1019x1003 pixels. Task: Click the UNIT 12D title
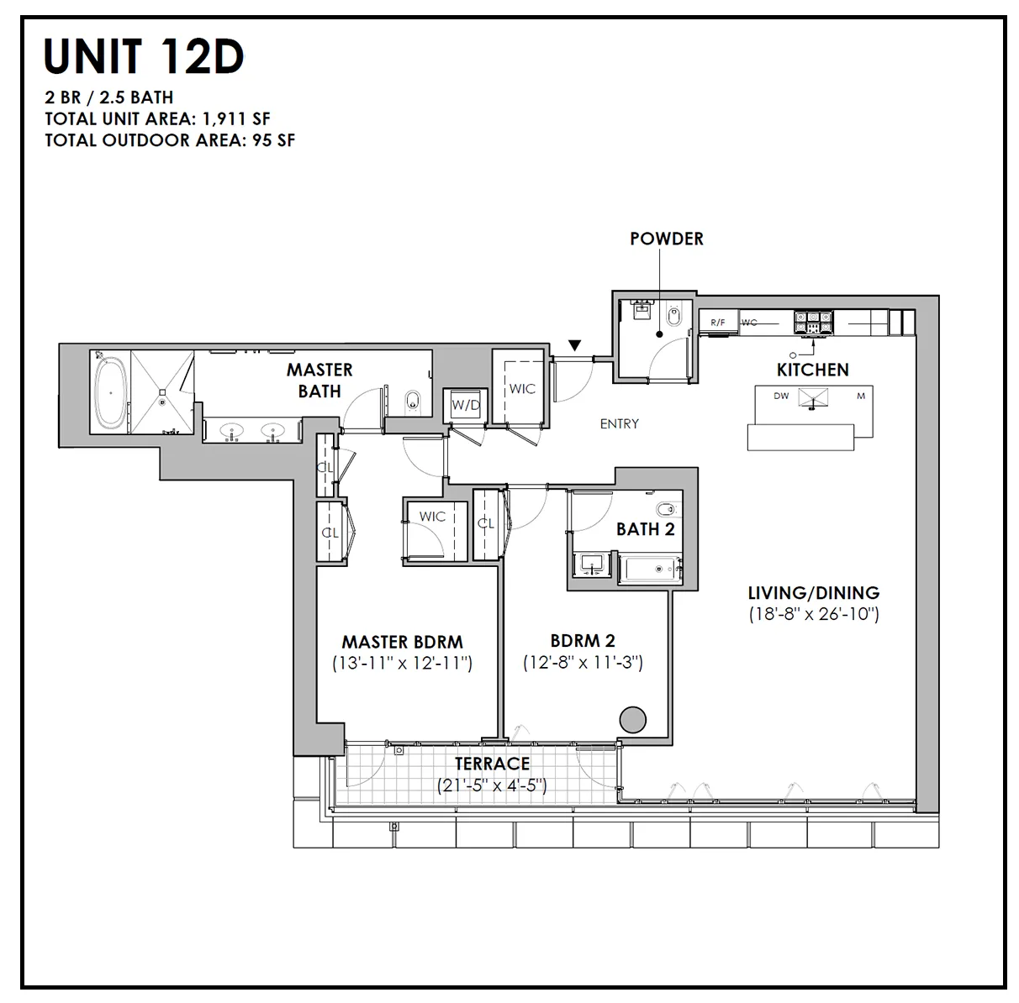click(x=144, y=56)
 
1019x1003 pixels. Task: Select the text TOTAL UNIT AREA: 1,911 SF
click(x=157, y=118)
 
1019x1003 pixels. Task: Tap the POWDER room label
click(x=666, y=239)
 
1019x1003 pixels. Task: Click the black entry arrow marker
click(x=574, y=344)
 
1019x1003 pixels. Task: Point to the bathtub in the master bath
click(x=109, y=392)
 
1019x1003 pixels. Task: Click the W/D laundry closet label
click(x=464, y=405)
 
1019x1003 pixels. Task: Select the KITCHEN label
click(x=812, y=370)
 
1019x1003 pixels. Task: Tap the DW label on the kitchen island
click(x=781, y=396)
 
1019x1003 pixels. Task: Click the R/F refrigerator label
click(x=718, y=323)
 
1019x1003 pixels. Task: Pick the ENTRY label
click(x=619, y=424)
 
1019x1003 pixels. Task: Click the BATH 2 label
click(x=645, y=529)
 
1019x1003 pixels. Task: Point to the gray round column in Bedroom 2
click(x=632, y=720)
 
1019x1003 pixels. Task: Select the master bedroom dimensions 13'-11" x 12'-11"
click(x=402, y=664)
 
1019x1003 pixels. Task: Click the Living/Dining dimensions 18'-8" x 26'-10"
click(x=813, y=615)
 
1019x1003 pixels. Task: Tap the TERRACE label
click(x=492, y=764)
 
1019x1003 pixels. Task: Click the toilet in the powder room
click(x=673, y=317)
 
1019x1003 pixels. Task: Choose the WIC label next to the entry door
click(x=521, y=389)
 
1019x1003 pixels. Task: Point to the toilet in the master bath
click(x=412, y=402)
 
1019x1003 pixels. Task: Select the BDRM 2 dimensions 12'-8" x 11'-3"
click(x=583, y=663)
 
